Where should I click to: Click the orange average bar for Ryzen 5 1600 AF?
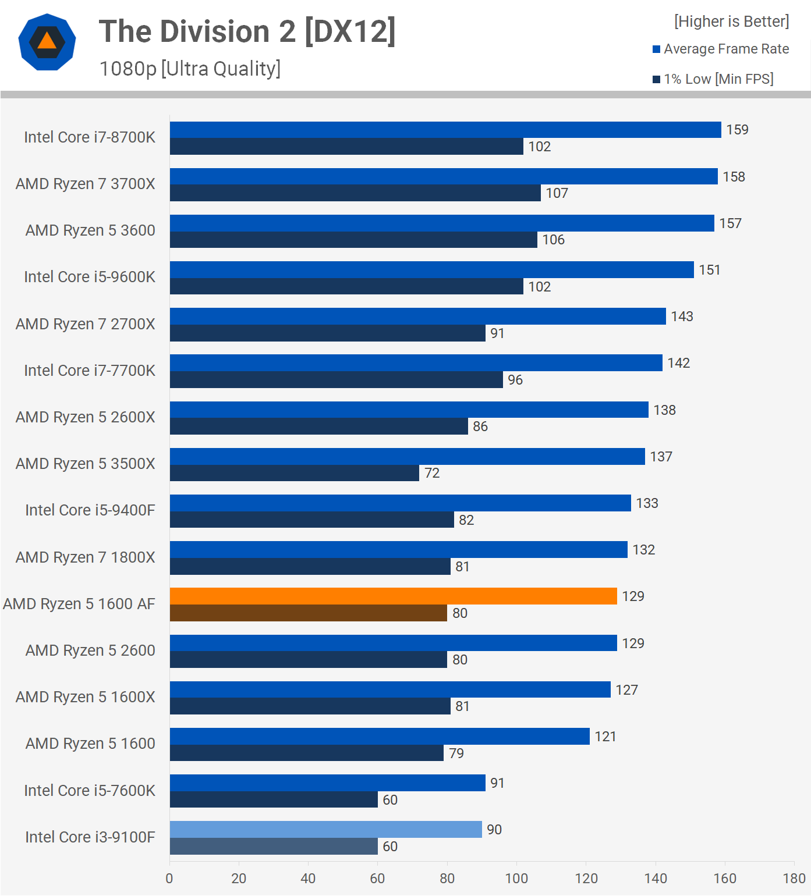[393, 596]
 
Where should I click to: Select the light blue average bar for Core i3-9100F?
[325, 829]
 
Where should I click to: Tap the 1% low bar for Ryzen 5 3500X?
[294, 473]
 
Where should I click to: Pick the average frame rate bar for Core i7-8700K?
[445, 130]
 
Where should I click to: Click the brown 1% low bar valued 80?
[308, 613]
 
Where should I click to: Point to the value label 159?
[737, 130]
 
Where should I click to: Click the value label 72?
[432, 473]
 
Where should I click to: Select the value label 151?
[710, 270]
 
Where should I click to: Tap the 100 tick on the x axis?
[516, 879]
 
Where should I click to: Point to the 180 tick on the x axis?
[794, 879]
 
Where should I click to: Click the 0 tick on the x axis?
[169, 879]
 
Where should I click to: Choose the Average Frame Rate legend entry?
[721, 49]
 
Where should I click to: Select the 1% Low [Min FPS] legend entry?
[713, 79]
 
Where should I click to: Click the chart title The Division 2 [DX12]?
[247, 31]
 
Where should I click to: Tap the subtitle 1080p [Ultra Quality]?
[190, 69]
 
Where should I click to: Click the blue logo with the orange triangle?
[47, 42]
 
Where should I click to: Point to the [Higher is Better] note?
[731, 22]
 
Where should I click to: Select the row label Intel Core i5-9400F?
[90, 510]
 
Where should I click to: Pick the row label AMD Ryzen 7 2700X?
[85, 324]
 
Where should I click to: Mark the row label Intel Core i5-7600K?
[89, 791]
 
